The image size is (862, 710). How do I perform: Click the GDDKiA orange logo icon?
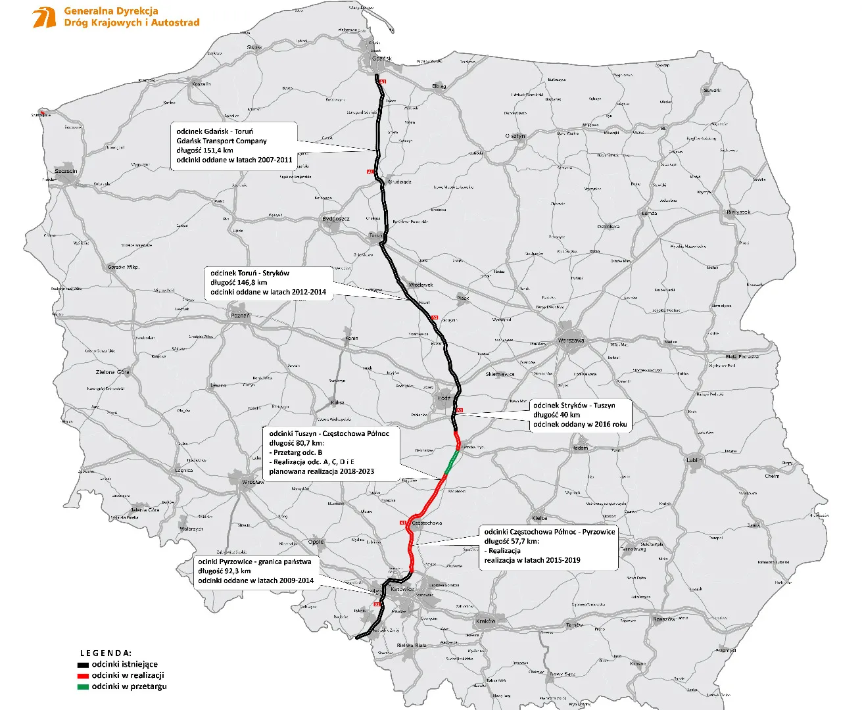tap(45, 17)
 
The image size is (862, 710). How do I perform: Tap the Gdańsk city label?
tap(381, 59)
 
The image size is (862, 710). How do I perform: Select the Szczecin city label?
tap(66, 171)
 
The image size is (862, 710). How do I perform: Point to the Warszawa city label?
tap(571, 341)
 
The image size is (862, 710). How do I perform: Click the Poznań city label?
tap(240, 316)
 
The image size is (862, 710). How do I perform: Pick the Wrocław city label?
tap(252, 482)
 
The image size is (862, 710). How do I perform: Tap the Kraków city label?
tap(486, 621)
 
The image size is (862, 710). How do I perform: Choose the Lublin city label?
tap(694, 460)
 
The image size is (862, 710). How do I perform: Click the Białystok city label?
tap(738, 212)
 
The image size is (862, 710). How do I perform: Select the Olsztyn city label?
tap(516, 136)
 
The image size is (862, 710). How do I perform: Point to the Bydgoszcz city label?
tap(336, 218)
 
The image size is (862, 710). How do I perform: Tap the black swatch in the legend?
tap(83, 665)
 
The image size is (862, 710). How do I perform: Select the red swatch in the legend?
tap(83, 676)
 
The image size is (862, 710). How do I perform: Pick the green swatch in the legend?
tap(83, 687)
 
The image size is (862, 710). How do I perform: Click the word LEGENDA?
tap(106, 653)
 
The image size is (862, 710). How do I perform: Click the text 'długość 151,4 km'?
tap(204, 150)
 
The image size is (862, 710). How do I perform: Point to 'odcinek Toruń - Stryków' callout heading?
tap(250, 273)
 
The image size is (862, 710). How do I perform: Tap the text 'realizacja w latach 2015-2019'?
tap(533, 560)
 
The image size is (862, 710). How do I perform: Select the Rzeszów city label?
tap(663, 619)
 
